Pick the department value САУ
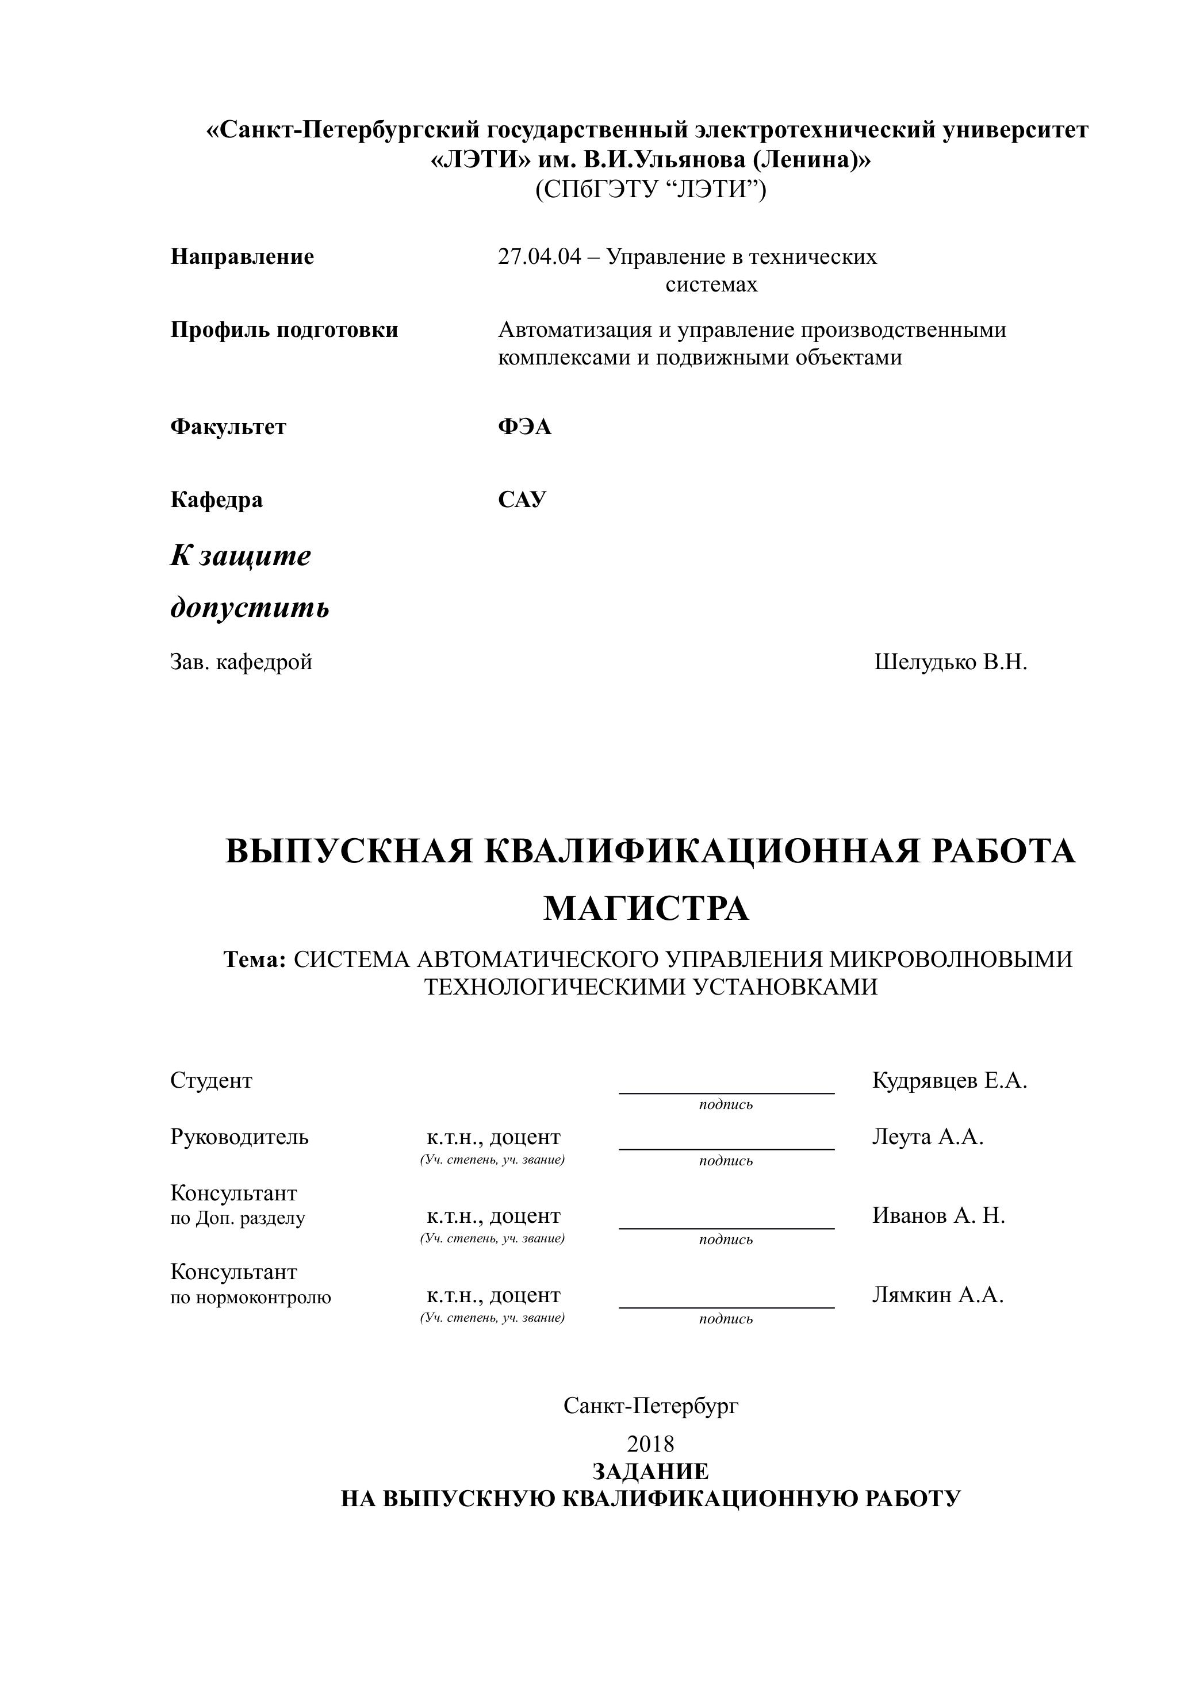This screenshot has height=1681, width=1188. point(522,500)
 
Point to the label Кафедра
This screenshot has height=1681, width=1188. point(216,500)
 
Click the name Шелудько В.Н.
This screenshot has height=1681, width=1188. point(950,663)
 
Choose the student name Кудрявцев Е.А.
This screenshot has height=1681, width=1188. point(949,1081)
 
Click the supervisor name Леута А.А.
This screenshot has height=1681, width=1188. point(928,1137)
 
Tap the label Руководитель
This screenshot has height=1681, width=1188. point(240,1137)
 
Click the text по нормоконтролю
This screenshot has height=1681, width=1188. point(251,1298)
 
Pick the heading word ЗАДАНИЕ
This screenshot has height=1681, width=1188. point(650,1472)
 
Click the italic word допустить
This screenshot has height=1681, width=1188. point(250,608)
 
